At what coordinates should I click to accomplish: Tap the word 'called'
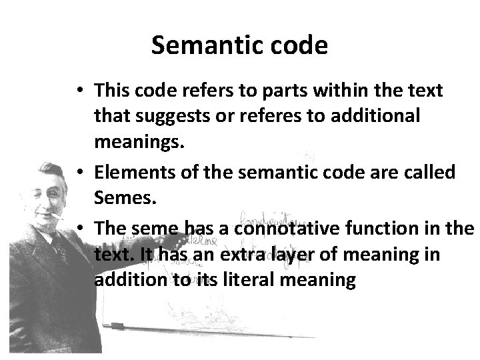click(432, 172)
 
